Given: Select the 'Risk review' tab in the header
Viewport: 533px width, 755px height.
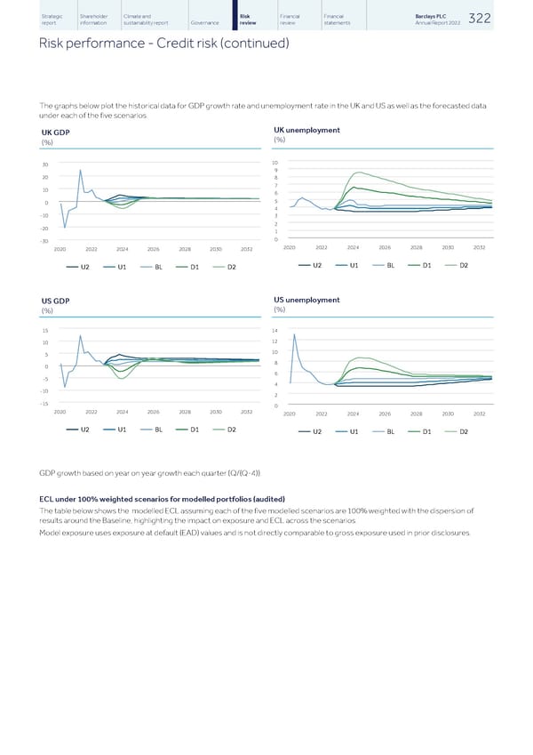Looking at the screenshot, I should point(251,20).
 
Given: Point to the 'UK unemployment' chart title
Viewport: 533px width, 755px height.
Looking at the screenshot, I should point(307,130).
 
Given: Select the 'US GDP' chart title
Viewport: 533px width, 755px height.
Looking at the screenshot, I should point(56,300).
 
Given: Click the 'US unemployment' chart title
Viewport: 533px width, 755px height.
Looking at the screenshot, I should point(307,299).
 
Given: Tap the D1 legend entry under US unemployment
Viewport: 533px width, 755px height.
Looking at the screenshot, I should point(426,431).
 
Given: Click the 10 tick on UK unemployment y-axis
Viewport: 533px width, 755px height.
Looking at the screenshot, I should point(276,163).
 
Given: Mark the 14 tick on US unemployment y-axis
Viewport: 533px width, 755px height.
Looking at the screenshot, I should point(276,330).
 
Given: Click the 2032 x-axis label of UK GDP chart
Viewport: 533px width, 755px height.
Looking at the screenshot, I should point(247,249).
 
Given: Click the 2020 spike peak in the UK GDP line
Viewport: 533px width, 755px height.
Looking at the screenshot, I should point(80,170).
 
